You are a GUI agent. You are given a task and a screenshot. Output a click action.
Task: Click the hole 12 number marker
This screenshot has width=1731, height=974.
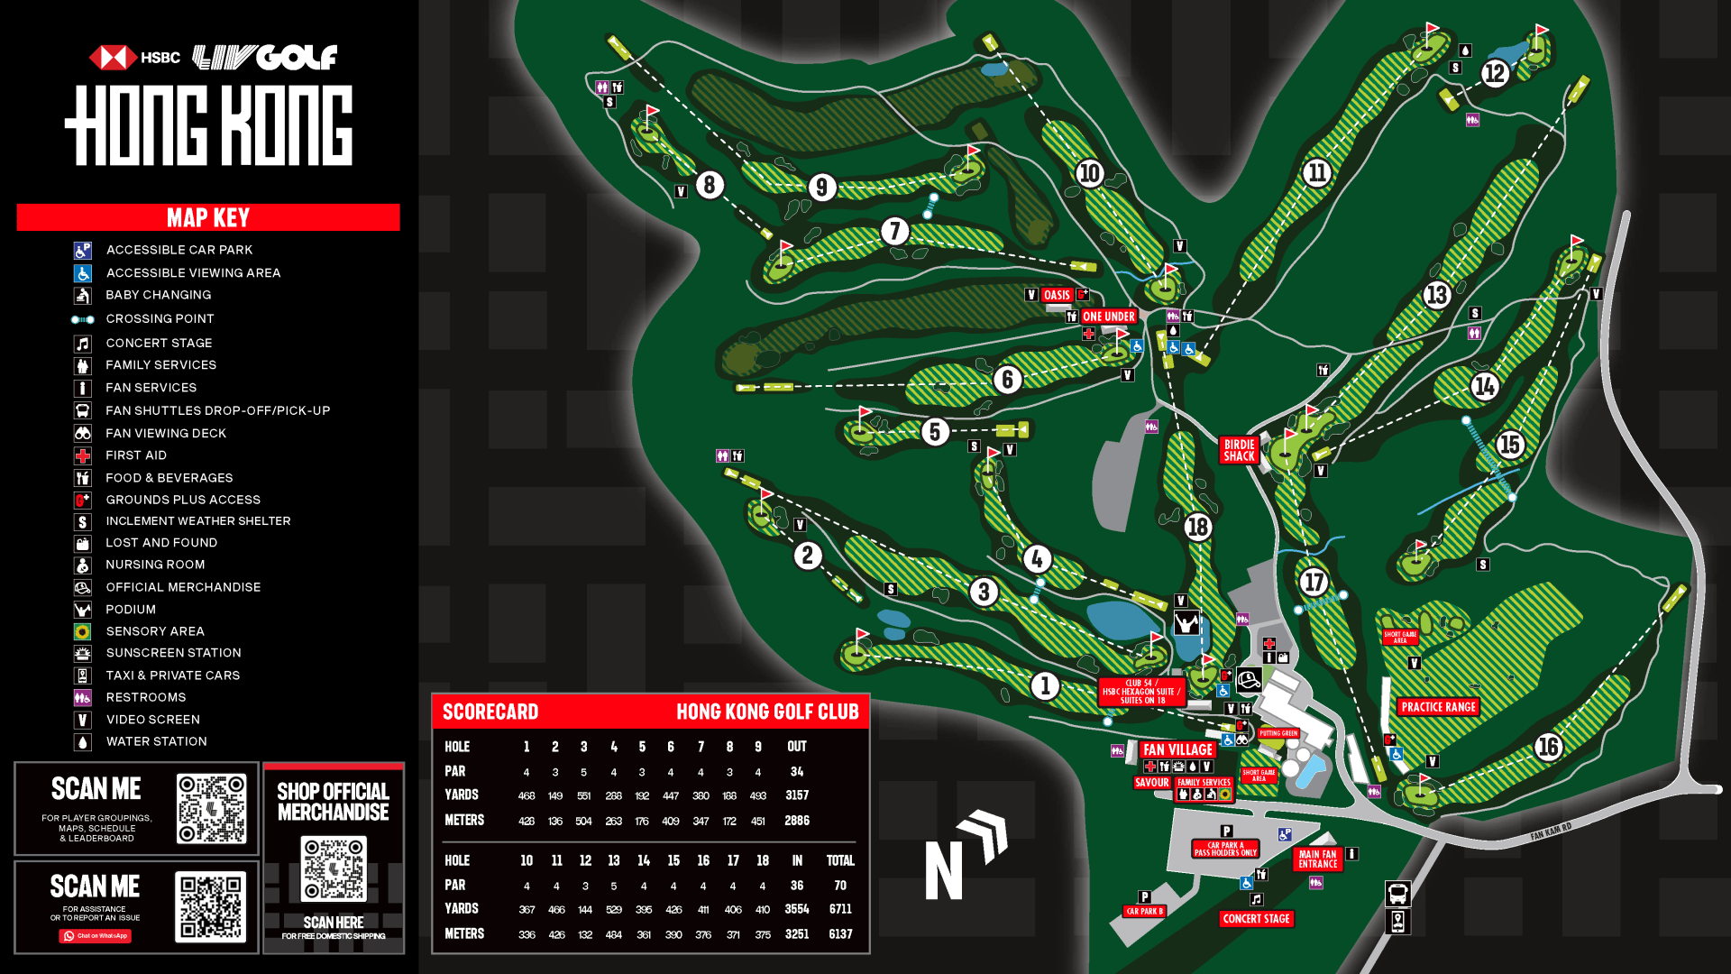pyautogui.click(x=1495, y=73)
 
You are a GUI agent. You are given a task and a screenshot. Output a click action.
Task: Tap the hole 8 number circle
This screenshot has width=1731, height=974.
pyautogui.click(x=710, y=185)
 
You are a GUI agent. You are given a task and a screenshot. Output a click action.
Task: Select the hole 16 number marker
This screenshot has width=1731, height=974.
pyautogui.click(x=1548, y=747)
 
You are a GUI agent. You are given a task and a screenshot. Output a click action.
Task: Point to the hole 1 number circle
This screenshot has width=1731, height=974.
pyautogui.click(x=1045, y=686)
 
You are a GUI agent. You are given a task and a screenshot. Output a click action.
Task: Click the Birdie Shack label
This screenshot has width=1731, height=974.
pyautogui.click(x=1239, y=450)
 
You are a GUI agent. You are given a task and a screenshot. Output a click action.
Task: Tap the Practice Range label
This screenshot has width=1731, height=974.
pyautogui.click(x=1438, y=707)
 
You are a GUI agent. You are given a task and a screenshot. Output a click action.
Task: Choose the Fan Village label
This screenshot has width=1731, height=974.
pyautogui.click(x=1177, y=749)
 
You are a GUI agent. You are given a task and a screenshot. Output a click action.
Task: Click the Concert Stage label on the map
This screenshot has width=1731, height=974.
pyautogui.click(x=1256, y=919)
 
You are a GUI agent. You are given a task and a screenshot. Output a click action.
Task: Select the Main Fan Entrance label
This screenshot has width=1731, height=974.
pyautogui.click(x=1317, y=859)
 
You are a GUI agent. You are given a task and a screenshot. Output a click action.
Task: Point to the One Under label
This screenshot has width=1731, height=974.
pyautogui.click(x=1108, y=317)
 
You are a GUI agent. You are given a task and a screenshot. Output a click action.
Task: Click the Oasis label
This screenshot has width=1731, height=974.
pyautogui.click(x=1057, y=295)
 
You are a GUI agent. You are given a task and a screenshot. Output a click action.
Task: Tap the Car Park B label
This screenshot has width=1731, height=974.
pyautogui.click(x=1144, y=912)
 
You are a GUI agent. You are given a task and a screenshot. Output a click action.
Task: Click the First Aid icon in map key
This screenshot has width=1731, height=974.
pyautogui.click(x=82, y=456)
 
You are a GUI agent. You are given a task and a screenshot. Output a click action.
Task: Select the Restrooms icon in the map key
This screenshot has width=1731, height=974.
pyautogui.click(x=82, y=698)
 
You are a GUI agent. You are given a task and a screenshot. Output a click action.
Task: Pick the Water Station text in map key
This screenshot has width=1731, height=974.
pyautogui.click(x=156, y=741)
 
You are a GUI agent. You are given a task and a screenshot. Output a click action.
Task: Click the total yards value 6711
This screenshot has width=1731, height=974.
pyautogui.click(x=840, y=909)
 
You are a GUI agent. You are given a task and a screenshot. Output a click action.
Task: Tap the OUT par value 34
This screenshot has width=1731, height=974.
pyautogui.click(x=797, y=772)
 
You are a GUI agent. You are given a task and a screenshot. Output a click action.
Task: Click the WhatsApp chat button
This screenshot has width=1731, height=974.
pyautogui.click(x=96, y=936)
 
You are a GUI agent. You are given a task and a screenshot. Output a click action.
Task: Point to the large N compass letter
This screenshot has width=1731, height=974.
pyautogui.click(x=944, y=870)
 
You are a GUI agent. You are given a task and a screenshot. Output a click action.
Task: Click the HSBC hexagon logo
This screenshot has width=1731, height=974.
pyautogui.click(x=113, y=58)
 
